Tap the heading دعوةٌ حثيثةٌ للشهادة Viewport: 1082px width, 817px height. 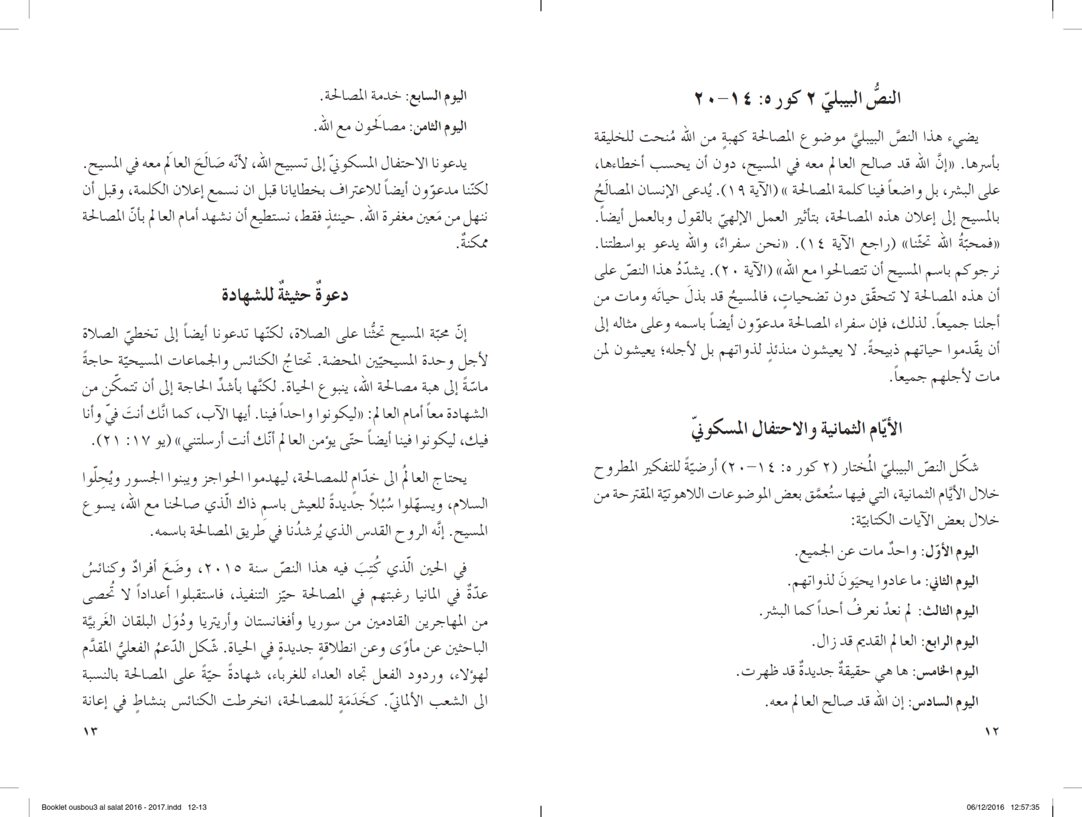click(285, 295)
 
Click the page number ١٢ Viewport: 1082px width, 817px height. click(991, 731)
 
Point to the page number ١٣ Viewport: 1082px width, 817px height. click(90, 731)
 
